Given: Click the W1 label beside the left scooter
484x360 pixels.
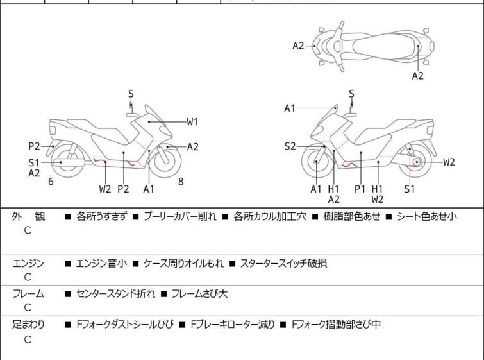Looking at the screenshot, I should tap(192, 121).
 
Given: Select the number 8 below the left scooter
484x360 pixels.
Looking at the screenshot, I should tap(181, 182).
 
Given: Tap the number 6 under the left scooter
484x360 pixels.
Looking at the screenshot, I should tap(51, 182).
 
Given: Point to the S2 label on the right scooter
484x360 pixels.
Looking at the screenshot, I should tap(290, 146).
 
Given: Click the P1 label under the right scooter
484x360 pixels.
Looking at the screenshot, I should tap(360, 189).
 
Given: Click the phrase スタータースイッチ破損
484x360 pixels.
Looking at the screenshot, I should tap(284, 262).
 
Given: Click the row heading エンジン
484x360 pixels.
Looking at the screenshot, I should tap(28, 262).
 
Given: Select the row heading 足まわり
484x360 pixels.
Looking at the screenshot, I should tap(28, 324).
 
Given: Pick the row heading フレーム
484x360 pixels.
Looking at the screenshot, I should tap(28, 293).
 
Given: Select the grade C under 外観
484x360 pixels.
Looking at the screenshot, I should tap(27, 230).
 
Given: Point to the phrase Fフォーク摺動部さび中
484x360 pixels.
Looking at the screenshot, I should tap(336, 324).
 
